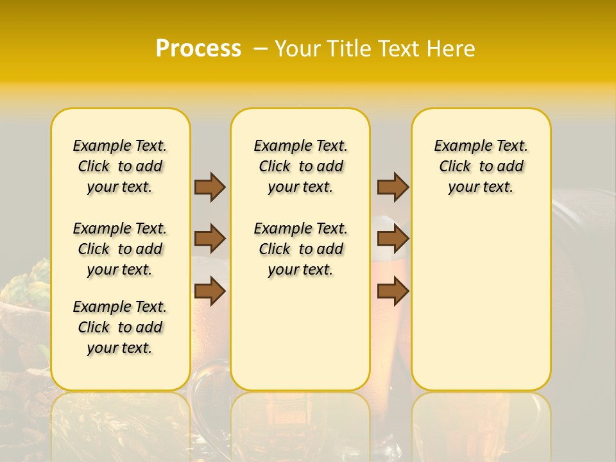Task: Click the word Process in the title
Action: click(198, 49)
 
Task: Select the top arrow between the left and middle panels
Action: click(210, 187)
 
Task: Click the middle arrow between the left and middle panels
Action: click(210, 239)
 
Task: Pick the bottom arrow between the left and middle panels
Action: click(210, 291)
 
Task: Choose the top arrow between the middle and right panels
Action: click(393, 187)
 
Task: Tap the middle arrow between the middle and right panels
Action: click(393, 239)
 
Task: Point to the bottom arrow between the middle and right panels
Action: click(393, 291)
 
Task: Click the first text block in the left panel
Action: click(120, 166)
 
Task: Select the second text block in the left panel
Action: click(120, 249)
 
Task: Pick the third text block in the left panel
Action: click(120, 327)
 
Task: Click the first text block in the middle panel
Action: click(300, 166)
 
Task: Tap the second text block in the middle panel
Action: click(300, 249)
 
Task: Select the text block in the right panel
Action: click(481, 166)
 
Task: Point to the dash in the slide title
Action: click(261, 49)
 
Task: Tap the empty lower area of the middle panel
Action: click(300, 334)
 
